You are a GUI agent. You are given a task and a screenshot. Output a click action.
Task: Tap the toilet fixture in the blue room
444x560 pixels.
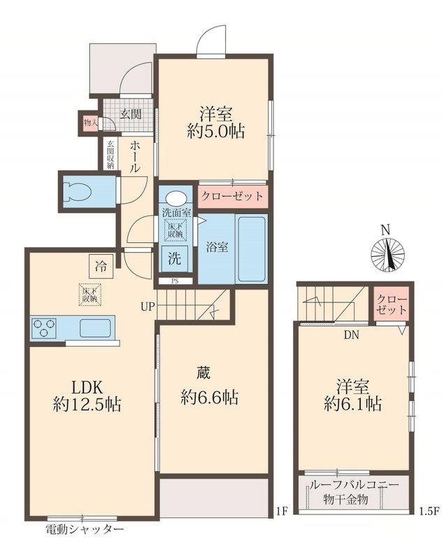click(x=75, y=190)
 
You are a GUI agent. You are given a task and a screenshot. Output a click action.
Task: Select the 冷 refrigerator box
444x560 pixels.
click(x=102, y=265)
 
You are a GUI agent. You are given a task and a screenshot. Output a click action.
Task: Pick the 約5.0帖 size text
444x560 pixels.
click(x=215, y=131)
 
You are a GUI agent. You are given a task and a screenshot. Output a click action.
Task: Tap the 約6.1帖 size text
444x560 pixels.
click(x=352, y=404)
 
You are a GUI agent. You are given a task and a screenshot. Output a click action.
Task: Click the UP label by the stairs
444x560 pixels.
click(x=148, y=307)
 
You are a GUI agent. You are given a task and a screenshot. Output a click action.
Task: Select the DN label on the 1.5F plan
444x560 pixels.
click(x=351, y=335)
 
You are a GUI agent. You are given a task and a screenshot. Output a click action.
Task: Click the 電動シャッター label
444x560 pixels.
click(x=85, y=529)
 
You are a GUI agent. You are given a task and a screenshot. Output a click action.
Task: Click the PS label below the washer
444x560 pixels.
click(x=175, y=281)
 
